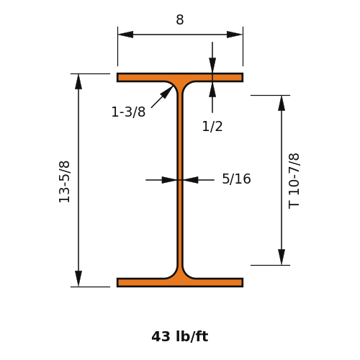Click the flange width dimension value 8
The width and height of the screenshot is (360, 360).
tap(180, 19)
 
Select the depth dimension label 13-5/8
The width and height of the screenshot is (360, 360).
tap(64, 182)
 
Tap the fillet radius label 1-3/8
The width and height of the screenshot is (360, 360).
tap(128, 112)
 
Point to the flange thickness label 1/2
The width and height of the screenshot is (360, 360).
tap(212, 126)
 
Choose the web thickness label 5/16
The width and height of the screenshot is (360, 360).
tap(236, 179)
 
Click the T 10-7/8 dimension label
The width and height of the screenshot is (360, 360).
tap(294, 181)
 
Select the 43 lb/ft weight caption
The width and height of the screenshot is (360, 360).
tap(180, 336)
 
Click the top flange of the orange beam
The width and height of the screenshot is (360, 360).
tap(180, 78)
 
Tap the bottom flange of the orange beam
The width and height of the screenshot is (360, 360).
tap(180, 282)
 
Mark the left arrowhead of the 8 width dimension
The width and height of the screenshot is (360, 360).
tap(125, 35)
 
